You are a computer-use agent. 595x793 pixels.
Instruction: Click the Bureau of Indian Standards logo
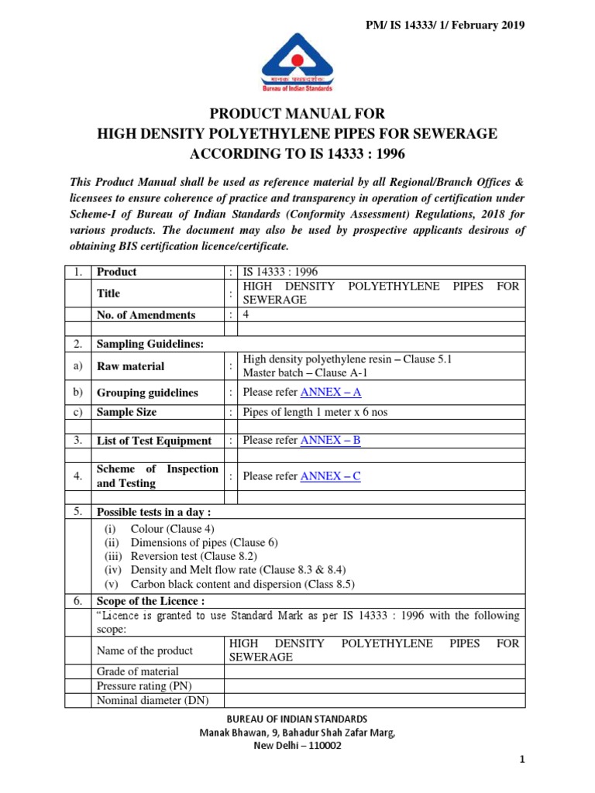click(x=297, y=61)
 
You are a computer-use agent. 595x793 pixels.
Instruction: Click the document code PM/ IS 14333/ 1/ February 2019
click(x=445, y=25)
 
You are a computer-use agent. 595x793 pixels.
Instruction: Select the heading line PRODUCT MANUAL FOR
click(x=297, y=114)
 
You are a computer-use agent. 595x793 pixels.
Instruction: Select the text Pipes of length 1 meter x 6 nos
click(x=315, y=412)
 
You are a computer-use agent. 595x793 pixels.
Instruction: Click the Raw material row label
click(x=130, y=366)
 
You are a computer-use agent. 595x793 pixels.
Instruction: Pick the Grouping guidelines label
click(x=147, y=393)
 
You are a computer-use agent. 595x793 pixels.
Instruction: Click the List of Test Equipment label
click(x=153, y=441)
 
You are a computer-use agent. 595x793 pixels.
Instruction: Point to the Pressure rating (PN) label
click(x=144, y=686)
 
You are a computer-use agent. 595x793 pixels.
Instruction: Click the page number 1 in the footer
click(x=522, y=760)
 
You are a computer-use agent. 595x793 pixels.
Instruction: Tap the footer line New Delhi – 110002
click(x=297, y=746)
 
